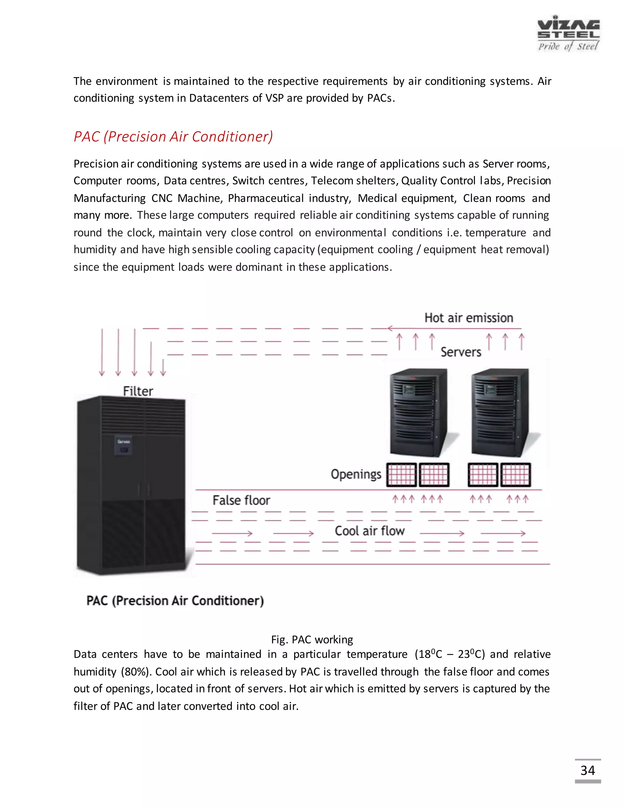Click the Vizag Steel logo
pos(568,34)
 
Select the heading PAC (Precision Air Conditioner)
pos(173,137)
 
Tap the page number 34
pos(587,770)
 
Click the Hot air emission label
pos(468,318)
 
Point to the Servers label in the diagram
pos(461,352)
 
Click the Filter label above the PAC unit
pos(138,391)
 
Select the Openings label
pos(356,474)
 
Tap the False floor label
pos(241,500)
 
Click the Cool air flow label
pos(369,531)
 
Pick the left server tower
pos(419,412)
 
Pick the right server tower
pos(501,412)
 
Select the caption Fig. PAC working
pos(312,639)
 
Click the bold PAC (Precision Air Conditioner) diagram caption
pos(175,601)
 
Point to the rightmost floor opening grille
pos(515,475)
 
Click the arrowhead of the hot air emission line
pos(390,328)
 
